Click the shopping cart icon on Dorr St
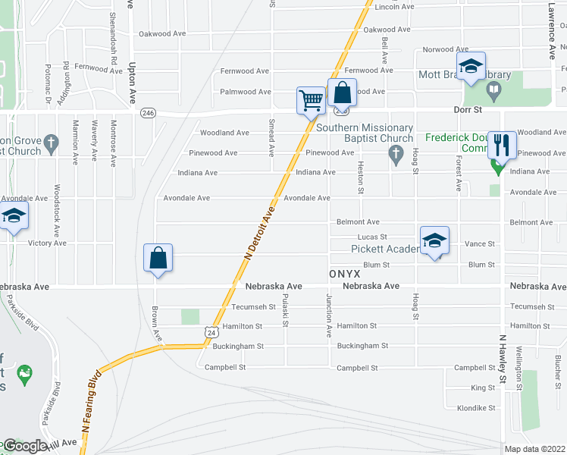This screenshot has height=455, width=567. (x=311, y=99)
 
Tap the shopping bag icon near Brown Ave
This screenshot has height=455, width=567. (x=158, y=258)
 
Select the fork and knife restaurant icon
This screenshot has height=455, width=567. (x=502, y=144)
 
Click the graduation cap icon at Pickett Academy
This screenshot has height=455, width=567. (x=434, y=240)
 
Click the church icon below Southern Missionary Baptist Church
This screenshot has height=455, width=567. (x=395, y=155)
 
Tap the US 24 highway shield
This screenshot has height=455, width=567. (x=211, y=331)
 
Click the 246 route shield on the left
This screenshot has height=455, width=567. (x=148, y=113)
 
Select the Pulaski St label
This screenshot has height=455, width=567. (x=285, y=311)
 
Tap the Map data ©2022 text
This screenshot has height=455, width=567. (x=535, y=449)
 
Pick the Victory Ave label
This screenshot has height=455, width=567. (x=47, y=243)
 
